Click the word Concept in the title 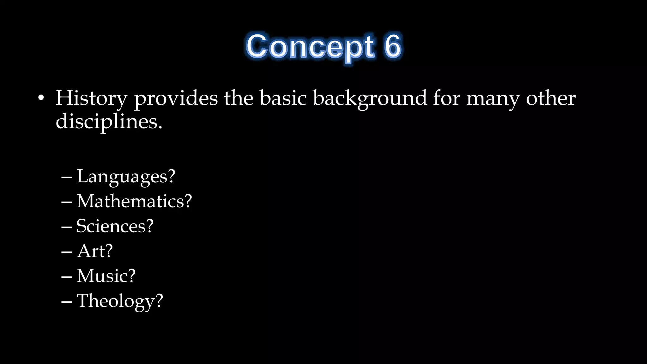click(310, 47)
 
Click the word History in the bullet click(91, 98)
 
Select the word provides click(176, 98)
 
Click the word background click(370, 98)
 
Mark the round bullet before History click(41, 98)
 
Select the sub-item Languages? click(126, 176)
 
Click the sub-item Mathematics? click(134, 201)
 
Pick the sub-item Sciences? click(115, 226)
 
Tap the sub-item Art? click(95, 251)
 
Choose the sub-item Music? click(106, 276)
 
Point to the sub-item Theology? click(120, 300)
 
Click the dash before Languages click(67, 177)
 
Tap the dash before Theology click(67, 301)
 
